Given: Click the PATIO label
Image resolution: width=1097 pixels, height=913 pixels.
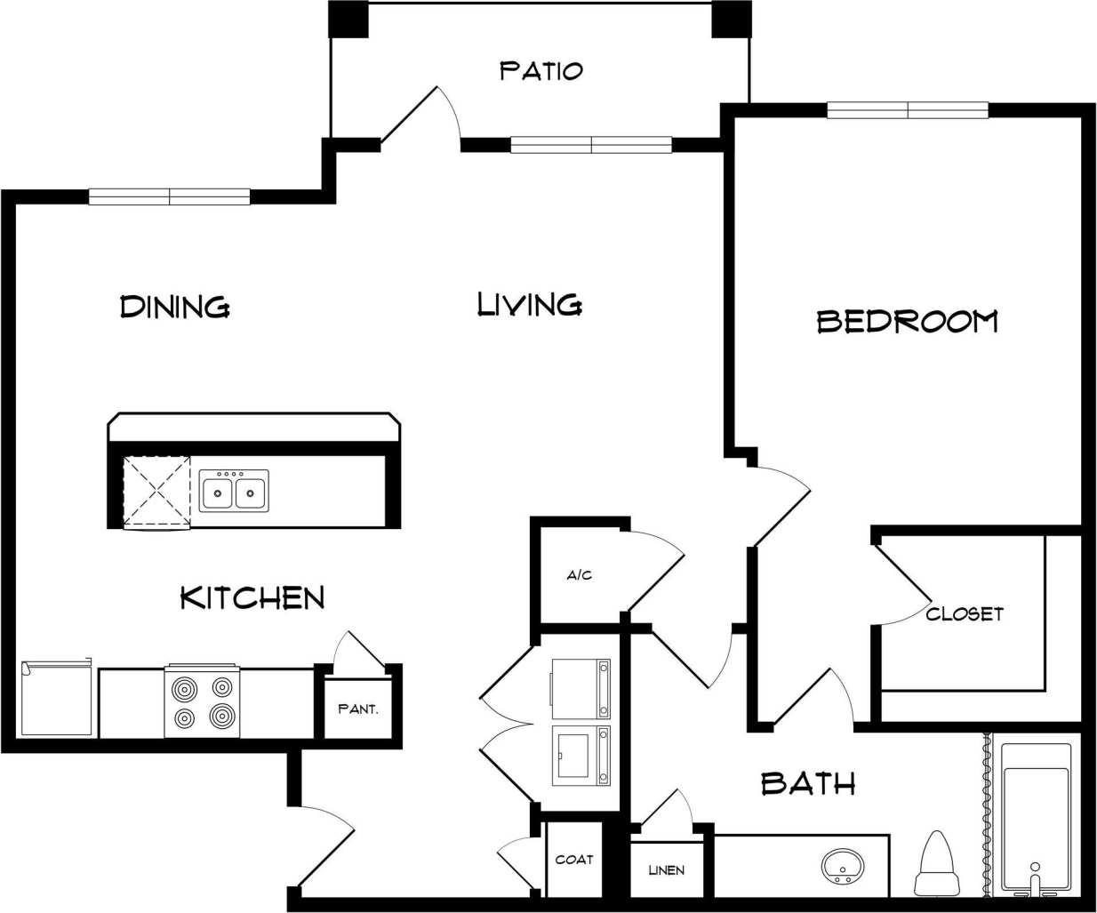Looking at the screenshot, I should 540,70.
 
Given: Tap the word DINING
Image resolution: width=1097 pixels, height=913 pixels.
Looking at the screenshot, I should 175,307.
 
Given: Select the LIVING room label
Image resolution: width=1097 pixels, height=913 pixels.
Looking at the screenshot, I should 530,305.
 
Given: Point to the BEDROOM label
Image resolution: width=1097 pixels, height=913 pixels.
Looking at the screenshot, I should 907,321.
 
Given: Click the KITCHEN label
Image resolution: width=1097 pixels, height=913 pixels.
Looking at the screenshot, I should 252,597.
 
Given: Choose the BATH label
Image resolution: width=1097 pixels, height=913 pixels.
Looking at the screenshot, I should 808,783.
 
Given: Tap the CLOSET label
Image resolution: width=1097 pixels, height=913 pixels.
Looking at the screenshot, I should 965,613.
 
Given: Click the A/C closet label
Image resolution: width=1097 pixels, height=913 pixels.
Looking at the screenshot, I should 580,575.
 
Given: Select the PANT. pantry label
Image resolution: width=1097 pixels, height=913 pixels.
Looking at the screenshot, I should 358,709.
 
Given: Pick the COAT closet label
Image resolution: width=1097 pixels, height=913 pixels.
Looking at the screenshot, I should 574,860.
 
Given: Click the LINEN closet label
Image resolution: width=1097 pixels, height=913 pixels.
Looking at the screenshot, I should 667,869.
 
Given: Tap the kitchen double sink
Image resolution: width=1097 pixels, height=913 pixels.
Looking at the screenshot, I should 234,490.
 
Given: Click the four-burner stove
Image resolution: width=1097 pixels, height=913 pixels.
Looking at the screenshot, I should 202,701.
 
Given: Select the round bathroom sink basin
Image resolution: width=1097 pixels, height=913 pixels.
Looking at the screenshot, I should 842,865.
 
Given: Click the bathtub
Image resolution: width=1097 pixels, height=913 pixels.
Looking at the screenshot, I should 1036,816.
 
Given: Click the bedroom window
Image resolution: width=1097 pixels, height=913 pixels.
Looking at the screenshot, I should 908,110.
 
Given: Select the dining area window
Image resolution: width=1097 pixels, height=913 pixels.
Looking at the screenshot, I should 169,197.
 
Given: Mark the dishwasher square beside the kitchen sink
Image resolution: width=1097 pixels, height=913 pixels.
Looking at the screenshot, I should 156,492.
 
